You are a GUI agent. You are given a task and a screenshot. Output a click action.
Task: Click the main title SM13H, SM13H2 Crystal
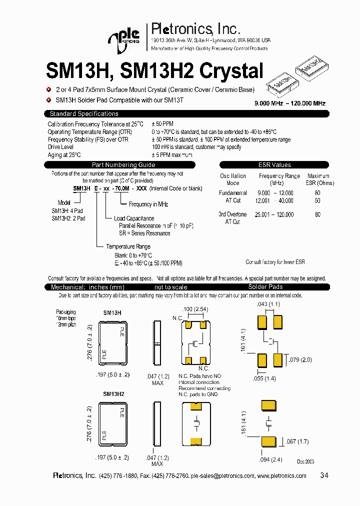coord(154,71)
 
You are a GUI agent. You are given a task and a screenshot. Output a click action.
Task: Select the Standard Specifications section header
coord(84,114)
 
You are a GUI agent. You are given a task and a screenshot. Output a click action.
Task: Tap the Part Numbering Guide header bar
coord(123,165)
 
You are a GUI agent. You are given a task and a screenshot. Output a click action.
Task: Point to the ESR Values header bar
coord(274,165)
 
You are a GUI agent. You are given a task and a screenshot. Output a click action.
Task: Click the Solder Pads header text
coord(265,287)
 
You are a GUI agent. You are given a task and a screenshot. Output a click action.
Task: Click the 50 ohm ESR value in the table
coord(317,200)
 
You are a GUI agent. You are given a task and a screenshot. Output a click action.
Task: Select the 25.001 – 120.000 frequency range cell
coord(274,214)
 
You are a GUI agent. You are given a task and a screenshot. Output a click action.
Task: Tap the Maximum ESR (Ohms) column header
coord(318,179)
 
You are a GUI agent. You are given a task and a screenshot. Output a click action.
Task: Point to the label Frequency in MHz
coord(148,204)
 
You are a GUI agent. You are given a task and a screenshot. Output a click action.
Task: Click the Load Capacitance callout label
coord(134,218)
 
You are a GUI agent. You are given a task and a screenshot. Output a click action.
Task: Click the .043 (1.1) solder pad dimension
coord(268,304)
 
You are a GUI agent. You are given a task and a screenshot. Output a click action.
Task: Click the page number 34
coord(324,475)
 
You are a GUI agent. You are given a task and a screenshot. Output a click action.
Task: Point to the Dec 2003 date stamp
coord(306,461)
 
